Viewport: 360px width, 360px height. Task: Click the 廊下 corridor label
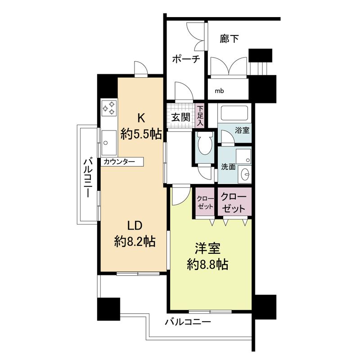[229, 39]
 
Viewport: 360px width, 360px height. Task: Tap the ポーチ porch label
[186, 59]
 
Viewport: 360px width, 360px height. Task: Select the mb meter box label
[219, 91]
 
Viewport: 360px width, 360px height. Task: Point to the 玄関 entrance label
[181, 117]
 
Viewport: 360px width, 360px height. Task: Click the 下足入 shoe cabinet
[200, 116]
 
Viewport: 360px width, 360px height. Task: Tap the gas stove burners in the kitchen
[109, 108]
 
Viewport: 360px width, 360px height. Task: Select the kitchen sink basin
[109, 143]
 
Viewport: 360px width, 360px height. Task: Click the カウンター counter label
[119, 162]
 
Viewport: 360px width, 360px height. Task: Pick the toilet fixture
[205, 144]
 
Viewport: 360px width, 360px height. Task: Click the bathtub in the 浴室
[234, 113]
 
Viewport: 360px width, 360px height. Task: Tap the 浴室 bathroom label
[242, 130]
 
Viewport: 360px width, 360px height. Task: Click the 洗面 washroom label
[229, 166]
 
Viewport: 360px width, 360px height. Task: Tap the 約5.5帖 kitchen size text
[141, 134]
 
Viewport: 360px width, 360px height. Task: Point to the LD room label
[135, 226]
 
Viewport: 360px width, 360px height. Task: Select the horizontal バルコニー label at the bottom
[188, 322]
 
